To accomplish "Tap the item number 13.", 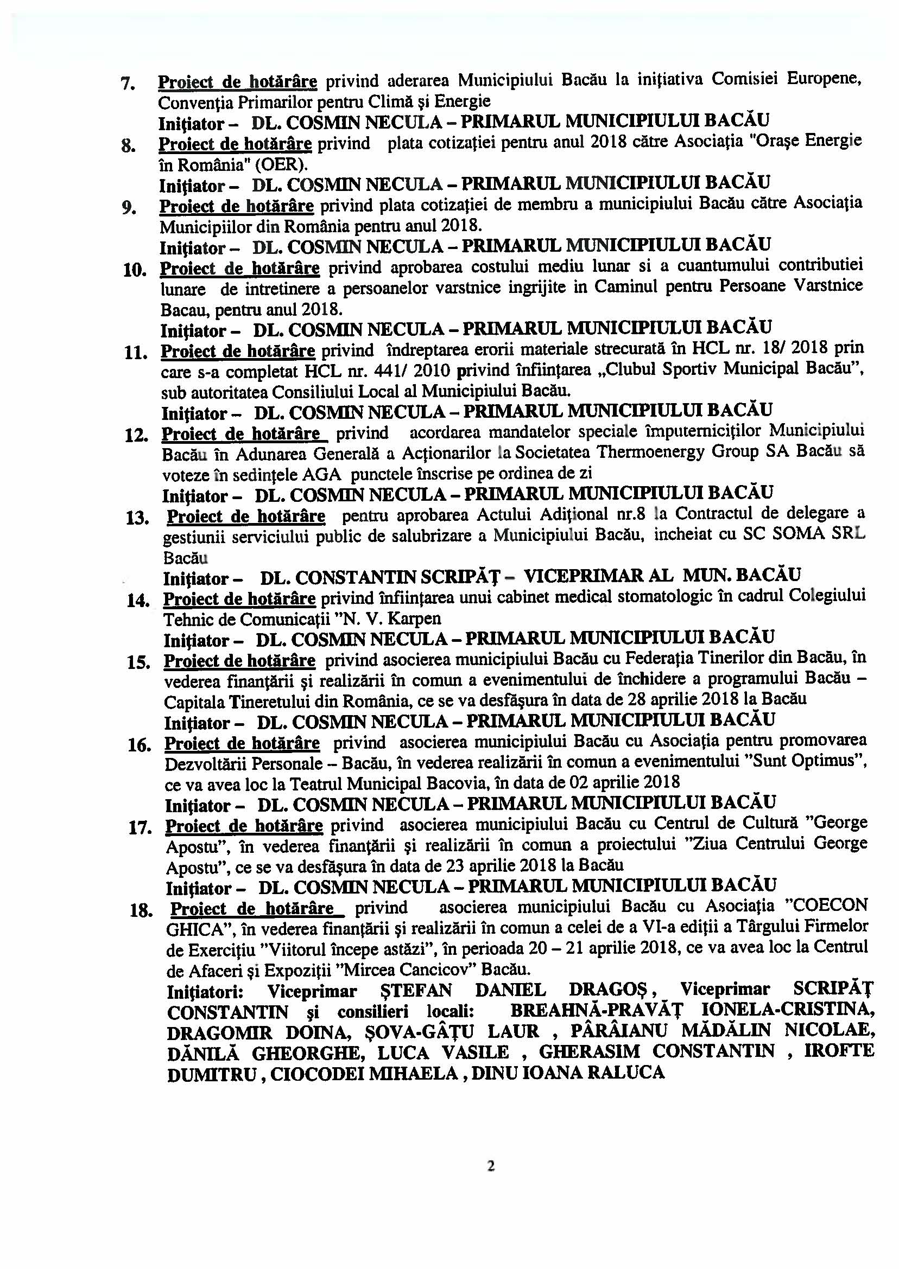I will (x=137, y=518).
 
